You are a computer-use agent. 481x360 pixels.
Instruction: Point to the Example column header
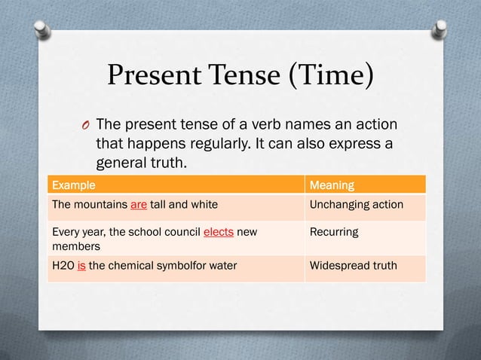73,185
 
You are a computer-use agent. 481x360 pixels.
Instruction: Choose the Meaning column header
332,185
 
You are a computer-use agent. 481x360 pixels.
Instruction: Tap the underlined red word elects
219,232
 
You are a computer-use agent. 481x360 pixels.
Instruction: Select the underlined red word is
81,265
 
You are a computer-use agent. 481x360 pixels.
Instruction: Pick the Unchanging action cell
357,205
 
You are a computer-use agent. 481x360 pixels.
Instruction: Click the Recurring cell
334,232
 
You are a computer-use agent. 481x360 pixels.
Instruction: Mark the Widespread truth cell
354,265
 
